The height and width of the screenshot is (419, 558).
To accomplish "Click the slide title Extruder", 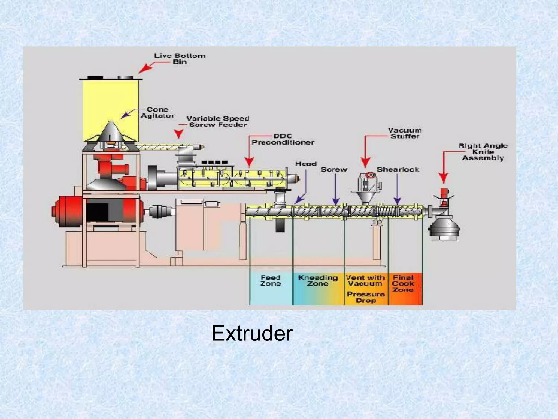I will [252, 333].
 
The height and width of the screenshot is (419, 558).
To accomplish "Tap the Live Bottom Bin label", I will [180, 59].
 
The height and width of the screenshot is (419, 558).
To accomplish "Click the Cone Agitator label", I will [157, 112].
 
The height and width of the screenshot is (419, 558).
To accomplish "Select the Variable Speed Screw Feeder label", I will [218, 121].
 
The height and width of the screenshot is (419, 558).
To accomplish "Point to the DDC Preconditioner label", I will [283, 139].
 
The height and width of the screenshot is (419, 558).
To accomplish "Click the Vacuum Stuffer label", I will [405, 133].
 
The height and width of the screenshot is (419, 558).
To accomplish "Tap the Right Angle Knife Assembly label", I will [483, 152].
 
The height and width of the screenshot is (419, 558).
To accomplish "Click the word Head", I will [306, 164].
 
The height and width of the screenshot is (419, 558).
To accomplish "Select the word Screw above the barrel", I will [334, 169].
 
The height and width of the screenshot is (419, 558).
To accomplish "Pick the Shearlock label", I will [398, 169].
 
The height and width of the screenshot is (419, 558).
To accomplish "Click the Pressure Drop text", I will [366, 297].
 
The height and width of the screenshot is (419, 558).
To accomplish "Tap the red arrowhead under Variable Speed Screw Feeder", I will [179, 134].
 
